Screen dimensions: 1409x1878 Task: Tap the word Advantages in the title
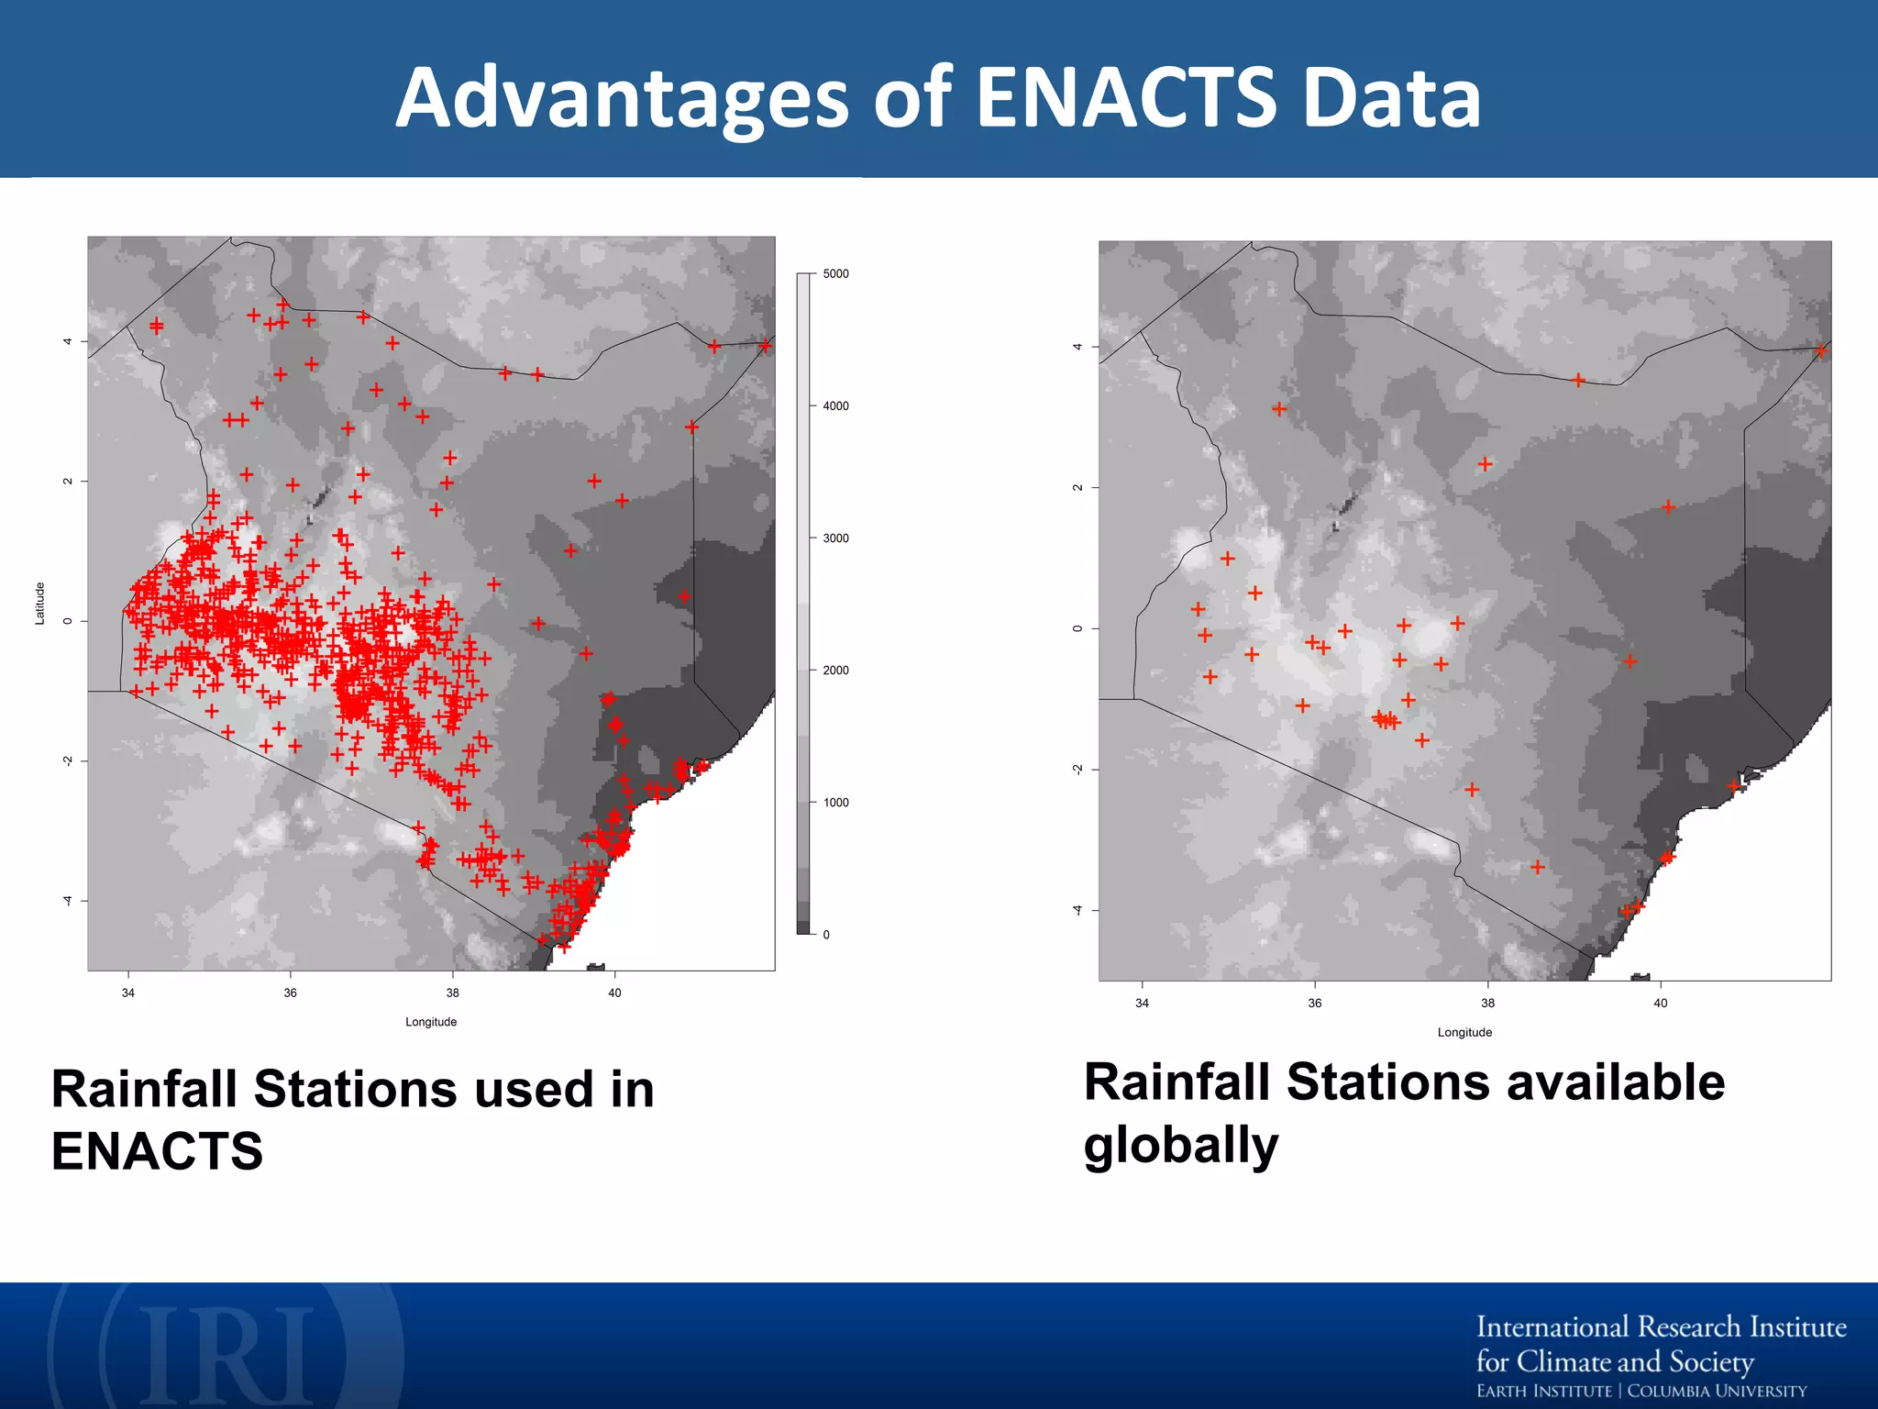623,99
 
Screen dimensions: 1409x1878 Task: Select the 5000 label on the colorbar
835,273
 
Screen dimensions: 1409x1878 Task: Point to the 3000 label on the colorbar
835,538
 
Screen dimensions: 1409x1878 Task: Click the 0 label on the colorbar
826,935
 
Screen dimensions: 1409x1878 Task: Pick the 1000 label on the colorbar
835,803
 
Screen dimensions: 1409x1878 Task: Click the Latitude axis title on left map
39,604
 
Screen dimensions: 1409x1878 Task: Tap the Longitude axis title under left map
431,1022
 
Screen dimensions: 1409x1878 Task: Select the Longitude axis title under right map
1464,1032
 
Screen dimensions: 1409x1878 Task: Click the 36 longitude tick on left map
290,993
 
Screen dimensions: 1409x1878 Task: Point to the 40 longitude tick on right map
1660,1003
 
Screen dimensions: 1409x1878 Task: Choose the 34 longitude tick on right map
1142,1003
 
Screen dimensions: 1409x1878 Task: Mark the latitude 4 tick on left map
68,341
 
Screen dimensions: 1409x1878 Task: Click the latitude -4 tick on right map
1078,910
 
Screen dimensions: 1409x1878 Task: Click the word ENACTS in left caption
157,1151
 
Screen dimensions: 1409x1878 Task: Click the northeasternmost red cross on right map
1821,350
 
